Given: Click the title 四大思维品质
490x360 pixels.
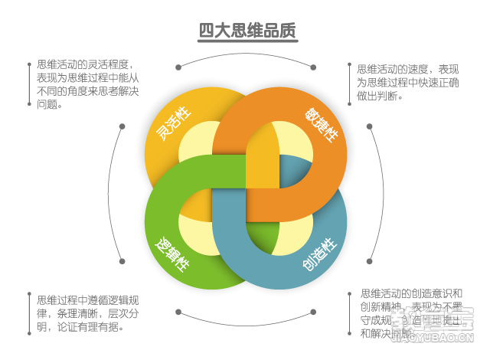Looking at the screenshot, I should tap(247, 31).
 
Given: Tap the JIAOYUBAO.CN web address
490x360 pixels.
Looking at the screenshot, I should tap(436, 339).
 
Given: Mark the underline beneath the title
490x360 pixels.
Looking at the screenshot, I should tap(247, 42).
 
